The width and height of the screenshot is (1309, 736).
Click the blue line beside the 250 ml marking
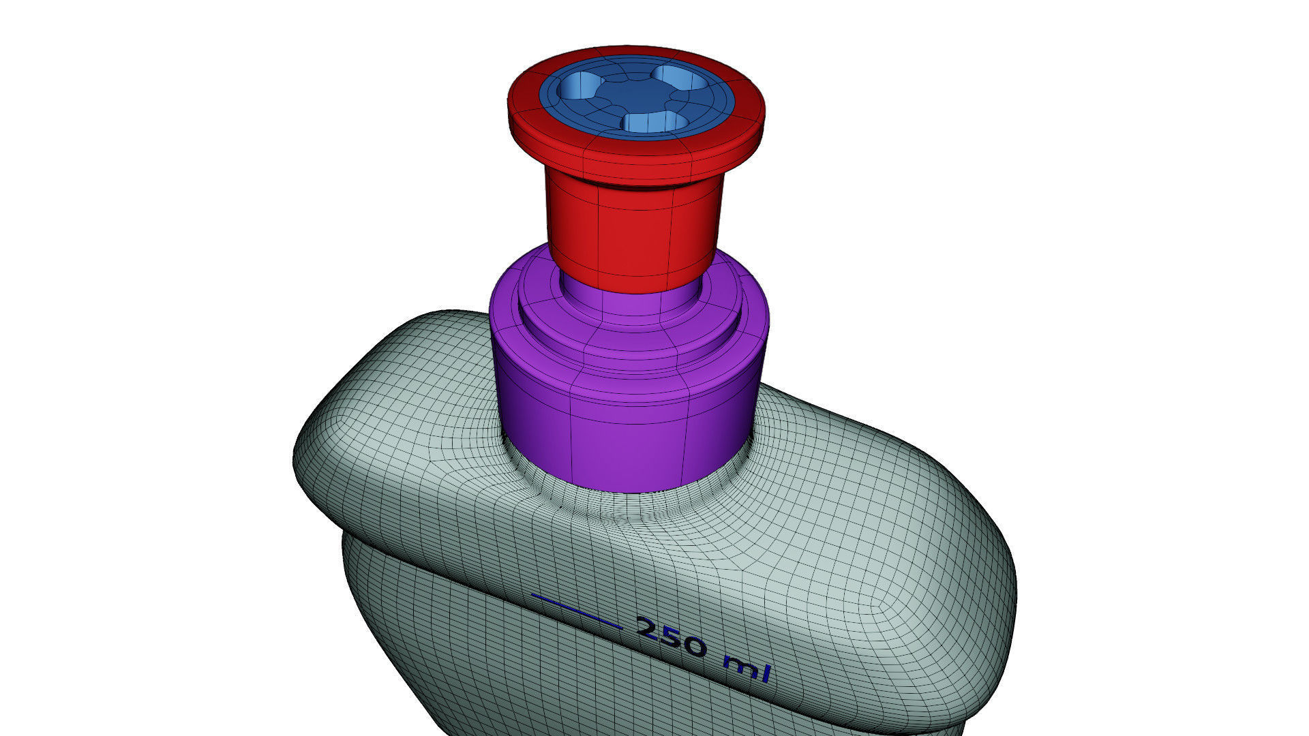576,610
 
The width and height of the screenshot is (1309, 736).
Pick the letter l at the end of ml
767,672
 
